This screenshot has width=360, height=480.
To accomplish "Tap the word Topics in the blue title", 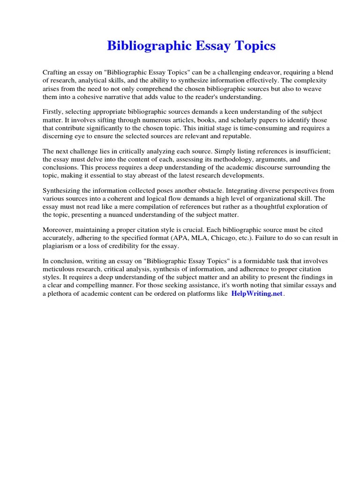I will (x=254, y=46).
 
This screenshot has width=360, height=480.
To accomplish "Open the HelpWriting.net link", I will (x=257, y=293).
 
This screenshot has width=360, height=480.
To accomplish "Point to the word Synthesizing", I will (x=63, y=191).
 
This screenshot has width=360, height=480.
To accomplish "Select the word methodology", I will (x=246, y=159).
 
